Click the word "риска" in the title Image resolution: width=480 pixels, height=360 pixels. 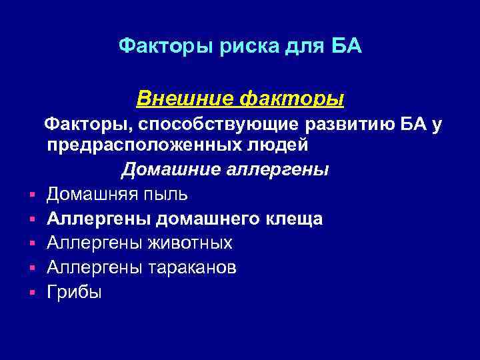(x=231, y=47)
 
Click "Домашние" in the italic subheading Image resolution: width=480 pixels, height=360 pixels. (x=168, y=171)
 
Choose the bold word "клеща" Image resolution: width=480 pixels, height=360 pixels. (x=292, y=219)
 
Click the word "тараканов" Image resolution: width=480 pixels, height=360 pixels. (x=197, y=267)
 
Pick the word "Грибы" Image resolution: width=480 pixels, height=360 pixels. (x=74, y=292)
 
